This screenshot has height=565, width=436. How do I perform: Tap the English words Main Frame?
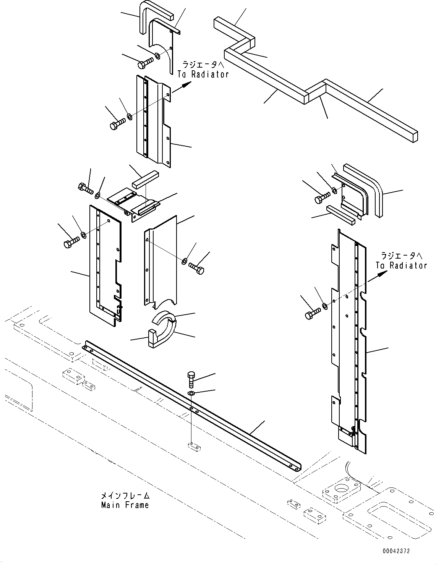125,505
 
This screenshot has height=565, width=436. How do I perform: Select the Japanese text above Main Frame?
125,496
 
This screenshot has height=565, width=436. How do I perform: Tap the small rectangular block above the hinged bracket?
145,180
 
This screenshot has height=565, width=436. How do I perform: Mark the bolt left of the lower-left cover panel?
71,242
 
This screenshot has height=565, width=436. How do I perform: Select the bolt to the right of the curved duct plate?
196,268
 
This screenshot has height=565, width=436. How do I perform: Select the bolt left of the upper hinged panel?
118,124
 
